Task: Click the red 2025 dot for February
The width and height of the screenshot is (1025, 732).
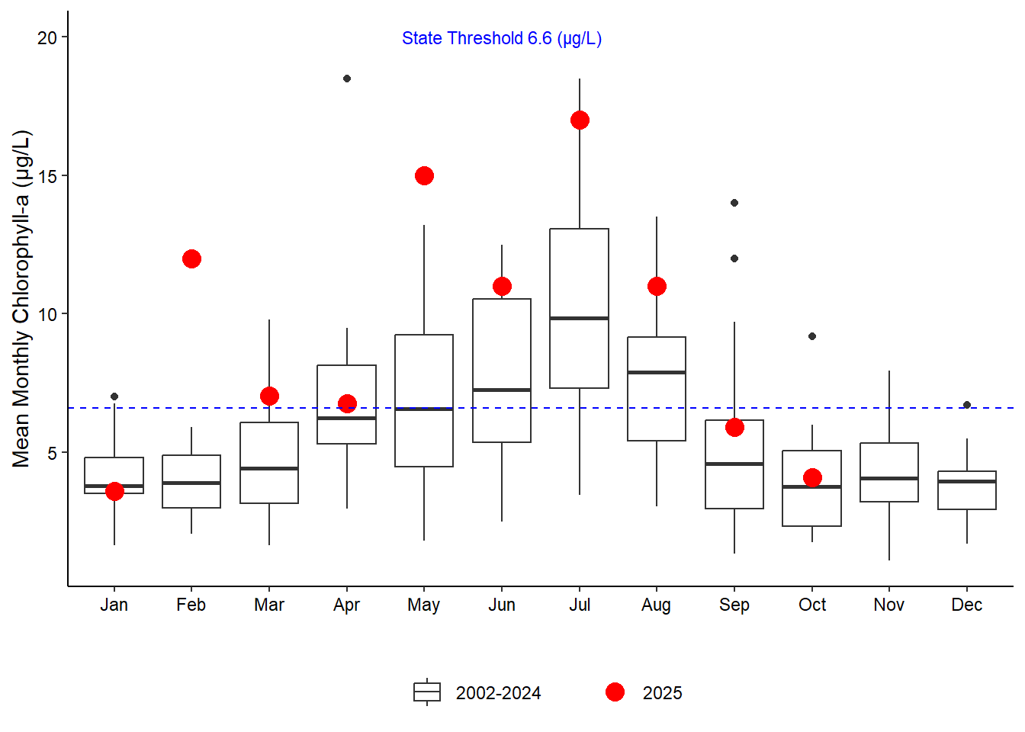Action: coord(191,259)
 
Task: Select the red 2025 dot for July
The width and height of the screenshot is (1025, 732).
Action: coord(580,120)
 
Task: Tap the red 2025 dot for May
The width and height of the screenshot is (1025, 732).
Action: coord(424,176)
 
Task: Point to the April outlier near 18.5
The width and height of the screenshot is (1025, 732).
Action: coord(347,79)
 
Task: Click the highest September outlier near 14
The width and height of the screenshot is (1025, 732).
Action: coord(734,203)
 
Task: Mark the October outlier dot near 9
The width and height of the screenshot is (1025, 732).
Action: coord(812,336)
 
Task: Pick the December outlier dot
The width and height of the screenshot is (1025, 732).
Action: coord(967,405)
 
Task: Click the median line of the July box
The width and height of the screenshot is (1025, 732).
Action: coord(580,318)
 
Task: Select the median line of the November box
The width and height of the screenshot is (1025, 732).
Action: coord(889,478)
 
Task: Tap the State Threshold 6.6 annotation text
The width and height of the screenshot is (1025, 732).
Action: coord(502,39)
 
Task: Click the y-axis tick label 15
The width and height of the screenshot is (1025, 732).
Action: coord(47,176)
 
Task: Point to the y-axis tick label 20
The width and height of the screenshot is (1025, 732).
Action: coord(47,37)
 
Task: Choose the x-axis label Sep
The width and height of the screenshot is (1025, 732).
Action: coord(734,605)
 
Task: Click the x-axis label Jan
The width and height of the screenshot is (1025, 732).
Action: coord(114,605)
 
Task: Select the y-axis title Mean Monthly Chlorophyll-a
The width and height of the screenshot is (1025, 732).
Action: coord(21,299)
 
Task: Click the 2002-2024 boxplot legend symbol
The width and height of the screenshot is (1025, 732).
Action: coord(427,692)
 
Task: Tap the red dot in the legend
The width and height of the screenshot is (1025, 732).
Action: coord(615,692)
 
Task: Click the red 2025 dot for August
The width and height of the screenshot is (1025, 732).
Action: coord(657,287)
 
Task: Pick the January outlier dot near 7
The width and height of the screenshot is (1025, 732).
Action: coord(114,396)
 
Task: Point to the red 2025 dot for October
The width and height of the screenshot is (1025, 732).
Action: coord(812,478)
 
